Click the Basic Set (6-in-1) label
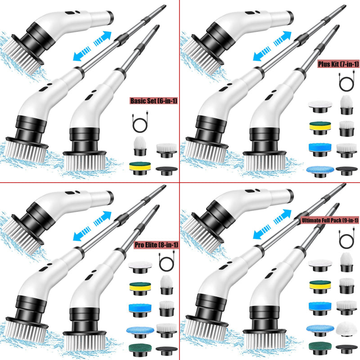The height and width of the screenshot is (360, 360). [153, 100]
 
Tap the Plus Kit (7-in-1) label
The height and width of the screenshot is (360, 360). [338, 64]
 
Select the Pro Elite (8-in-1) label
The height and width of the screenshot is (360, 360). [156, 245]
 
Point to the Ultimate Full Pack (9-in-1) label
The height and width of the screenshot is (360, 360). [330, 220]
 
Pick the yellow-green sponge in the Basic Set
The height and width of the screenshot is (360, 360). [140, 168]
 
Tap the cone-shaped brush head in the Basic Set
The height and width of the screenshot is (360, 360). [140, 146]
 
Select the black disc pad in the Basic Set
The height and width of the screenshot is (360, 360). [166, 171]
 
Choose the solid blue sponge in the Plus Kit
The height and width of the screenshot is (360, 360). [320, 150]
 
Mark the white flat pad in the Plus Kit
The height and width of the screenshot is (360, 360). [320, 107]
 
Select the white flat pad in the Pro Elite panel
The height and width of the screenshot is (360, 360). [140, 267]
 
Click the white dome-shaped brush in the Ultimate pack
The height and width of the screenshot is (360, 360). [346, 329]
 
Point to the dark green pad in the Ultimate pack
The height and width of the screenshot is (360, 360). [320, 348]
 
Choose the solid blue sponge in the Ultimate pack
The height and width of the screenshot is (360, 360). [320, 308]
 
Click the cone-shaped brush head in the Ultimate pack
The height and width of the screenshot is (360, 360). [346, 262]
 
